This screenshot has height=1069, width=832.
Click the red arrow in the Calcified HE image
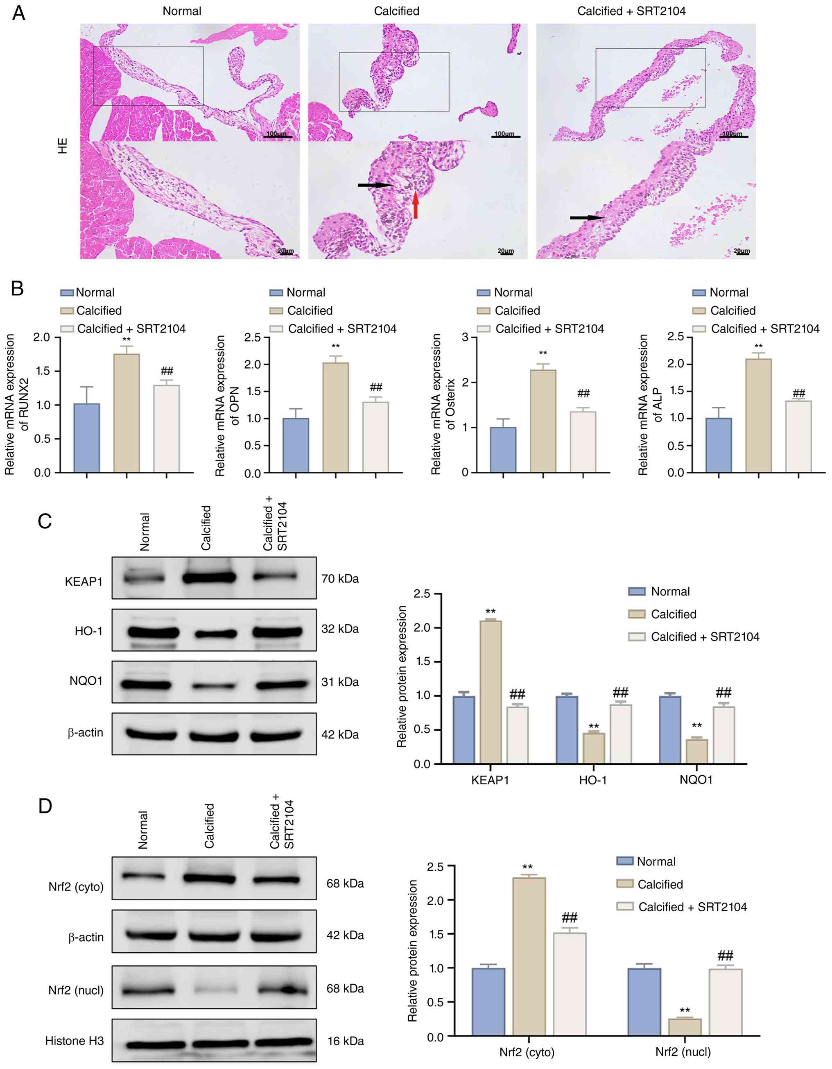(416, 205)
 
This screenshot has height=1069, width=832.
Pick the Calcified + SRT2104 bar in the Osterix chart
(583, 442)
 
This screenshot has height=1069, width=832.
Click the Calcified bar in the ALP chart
(759, 415)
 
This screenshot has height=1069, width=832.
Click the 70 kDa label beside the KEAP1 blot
(340, 579)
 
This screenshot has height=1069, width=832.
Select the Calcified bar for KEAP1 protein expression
(491, 692)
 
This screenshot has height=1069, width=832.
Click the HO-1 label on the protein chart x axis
(593, 780)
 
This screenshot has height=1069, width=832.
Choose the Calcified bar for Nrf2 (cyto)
(529, 956)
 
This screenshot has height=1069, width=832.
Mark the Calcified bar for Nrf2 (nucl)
(685, 1027)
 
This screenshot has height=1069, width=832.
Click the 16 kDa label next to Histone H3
(346, 1041)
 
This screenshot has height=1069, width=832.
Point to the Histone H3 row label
(75, 1041)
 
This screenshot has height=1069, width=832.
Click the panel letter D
(45, 806)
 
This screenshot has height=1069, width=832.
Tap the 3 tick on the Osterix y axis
(466, 337)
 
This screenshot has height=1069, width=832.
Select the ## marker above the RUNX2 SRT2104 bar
(167, 371)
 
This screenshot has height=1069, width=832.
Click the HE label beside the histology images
(63, 146)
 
